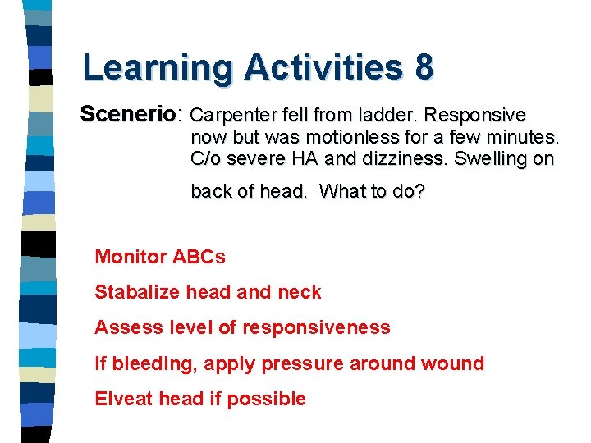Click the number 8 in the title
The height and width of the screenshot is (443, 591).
pyautogui.click(x=424, y=67)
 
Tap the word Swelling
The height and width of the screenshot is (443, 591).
pyautogui.click(x=489, y=158)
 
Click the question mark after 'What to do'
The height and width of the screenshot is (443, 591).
pyautogui.click(x=420, y=192)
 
